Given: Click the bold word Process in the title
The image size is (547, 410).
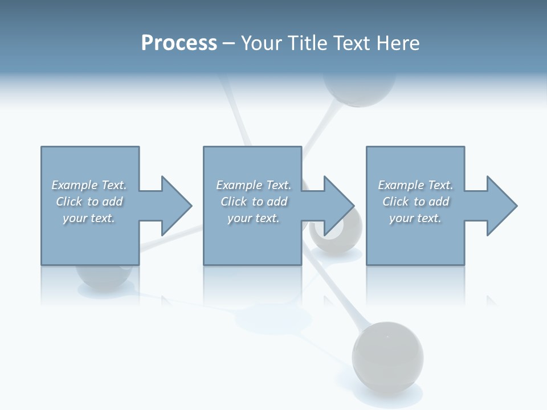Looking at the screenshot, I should pyautogui.click(x=179, y=43).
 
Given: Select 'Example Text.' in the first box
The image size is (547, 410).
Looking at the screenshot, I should pyautogui.click(x=89, y=185).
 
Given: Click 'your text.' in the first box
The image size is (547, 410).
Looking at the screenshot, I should pyautogui.click(x=89, y=218).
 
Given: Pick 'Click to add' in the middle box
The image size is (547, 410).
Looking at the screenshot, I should pyautogui.click(x=254, y=202).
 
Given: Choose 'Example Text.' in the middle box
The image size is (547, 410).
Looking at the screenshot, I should pyautogui.click(x=254, y=185).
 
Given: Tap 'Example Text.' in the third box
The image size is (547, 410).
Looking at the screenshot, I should pyautogui.click(x=415, y=185).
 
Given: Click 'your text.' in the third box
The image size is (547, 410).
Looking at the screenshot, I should pyautogui.click(x=415, y=218).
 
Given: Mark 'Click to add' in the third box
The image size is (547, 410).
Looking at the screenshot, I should pyautogui.click(x=415, y=202).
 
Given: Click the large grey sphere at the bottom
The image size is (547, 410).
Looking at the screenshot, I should pyautogui.click(x=387, y=356).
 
